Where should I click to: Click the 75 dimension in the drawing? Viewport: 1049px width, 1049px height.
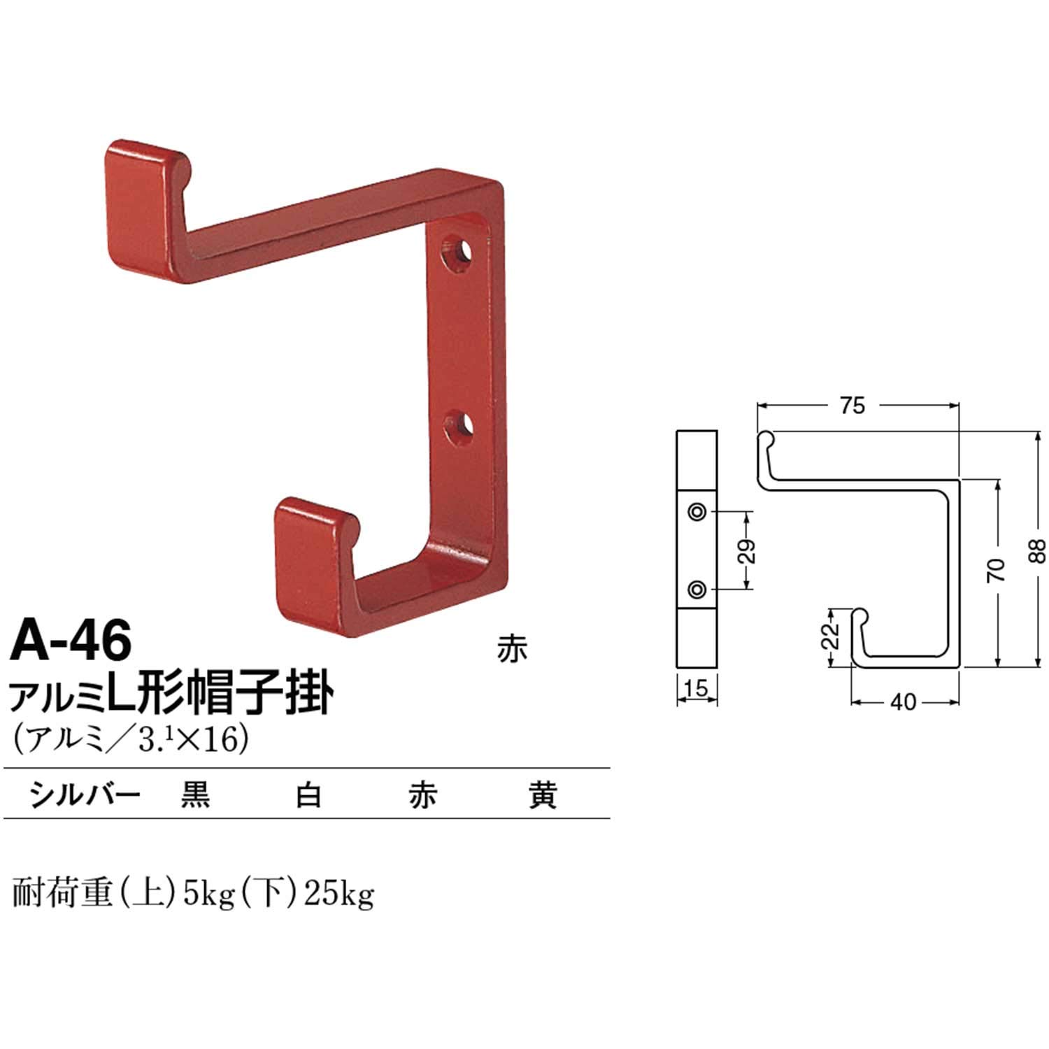point(853,406)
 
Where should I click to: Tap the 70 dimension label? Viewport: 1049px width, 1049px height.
point(997,571)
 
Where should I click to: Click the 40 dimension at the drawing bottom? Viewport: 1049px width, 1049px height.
point(903,701)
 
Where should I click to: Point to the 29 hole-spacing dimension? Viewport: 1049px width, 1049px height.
point(746,551)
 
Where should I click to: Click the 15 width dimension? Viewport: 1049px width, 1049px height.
point(697,690)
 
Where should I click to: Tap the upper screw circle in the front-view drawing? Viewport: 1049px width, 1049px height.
point(697,512)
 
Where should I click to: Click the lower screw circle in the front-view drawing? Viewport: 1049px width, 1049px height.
point(697,590)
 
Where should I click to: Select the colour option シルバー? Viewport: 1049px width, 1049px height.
point(84,796)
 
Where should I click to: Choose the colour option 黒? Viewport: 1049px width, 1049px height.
point(195,796)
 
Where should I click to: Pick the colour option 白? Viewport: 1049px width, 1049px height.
point(308,796)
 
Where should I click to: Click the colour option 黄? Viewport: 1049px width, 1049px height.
point(543,796)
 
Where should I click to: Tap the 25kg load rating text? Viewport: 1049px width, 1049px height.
point(338,894)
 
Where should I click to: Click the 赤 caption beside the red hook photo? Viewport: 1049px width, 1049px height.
point(512,650)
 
